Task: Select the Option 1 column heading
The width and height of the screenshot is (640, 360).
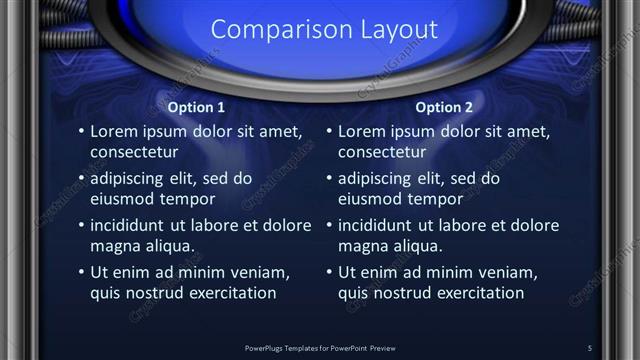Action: [x=195, y=107]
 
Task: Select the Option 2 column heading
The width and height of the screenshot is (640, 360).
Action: [x=444, y=107]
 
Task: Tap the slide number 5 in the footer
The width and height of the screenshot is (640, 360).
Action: [x=590, y=348]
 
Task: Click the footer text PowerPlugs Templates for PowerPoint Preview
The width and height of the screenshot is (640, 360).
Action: [x=320, y=348]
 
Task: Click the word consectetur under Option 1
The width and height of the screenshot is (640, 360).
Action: [x=134, y=153]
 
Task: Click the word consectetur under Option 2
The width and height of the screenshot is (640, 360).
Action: [x=382, y=153]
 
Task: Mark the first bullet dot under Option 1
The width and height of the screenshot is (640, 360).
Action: [x=81, y=132]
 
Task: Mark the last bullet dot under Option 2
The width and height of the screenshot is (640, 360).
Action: [x=329, y=273]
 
